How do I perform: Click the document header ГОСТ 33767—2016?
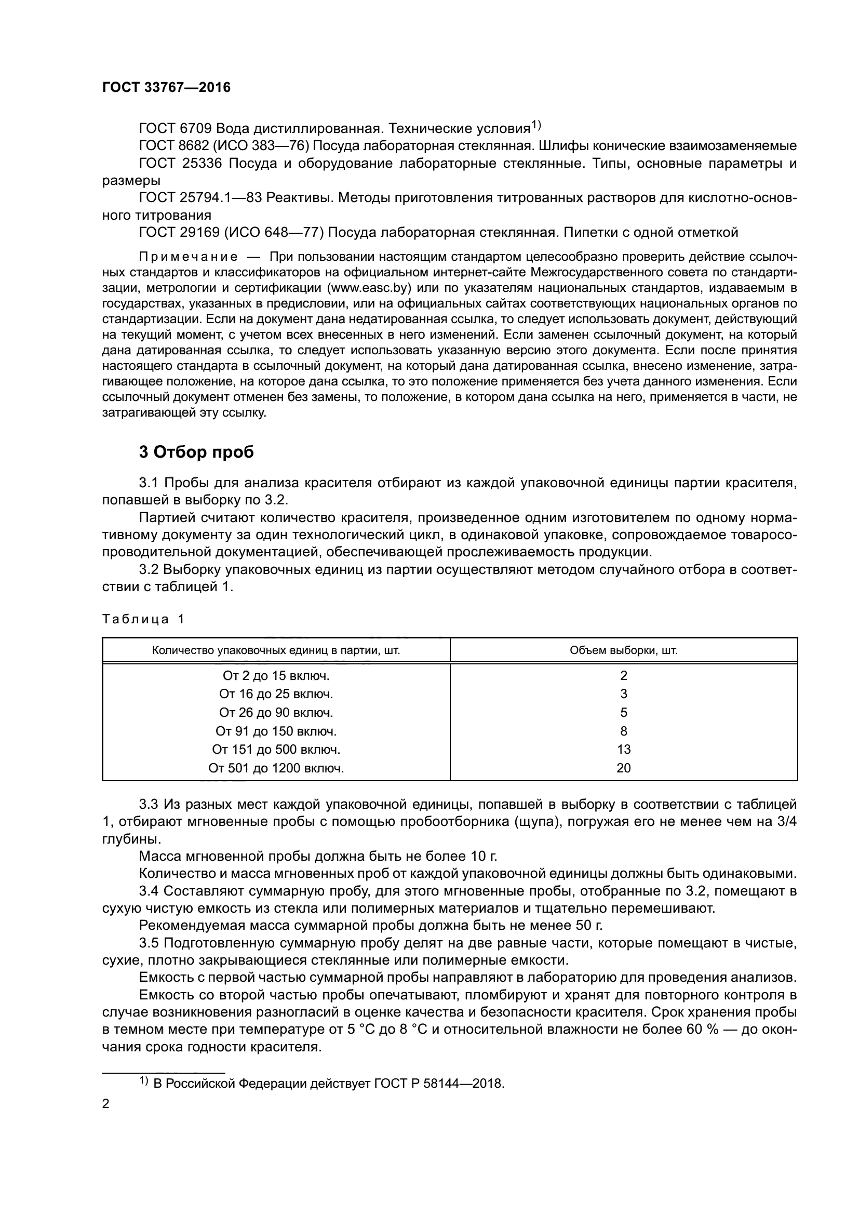(x=166, y=88)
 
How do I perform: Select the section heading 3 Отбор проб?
(x=196, y=452)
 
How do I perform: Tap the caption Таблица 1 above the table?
(x=143, y=619)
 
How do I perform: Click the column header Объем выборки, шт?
(x=624, y=650)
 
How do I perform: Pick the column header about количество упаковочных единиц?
(x=276, y=650)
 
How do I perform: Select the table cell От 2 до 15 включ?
(x=276, y=676)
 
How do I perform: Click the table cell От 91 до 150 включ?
(x=276, y=731)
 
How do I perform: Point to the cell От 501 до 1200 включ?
(x=276, y=768)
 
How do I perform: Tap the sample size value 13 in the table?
(x=624, y=750)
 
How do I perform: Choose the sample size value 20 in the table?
(x=624, y=768)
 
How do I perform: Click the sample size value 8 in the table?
(x=624, y=731)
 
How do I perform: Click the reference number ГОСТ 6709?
(x=175, y=129)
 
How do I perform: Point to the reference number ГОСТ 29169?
(x=179, y=232)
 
